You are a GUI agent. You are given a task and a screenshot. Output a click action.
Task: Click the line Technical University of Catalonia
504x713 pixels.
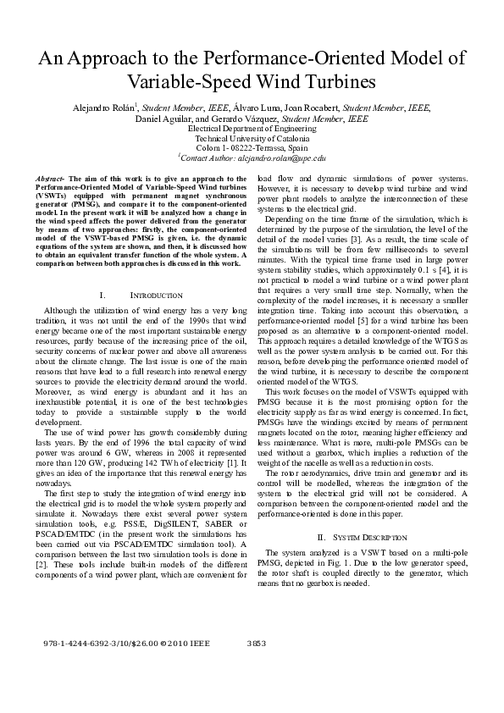(252, 138)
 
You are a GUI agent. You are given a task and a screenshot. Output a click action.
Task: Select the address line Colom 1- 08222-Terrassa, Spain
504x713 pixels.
(252, 147)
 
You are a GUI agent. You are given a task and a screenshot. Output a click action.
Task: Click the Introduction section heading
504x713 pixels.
(155, 296)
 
